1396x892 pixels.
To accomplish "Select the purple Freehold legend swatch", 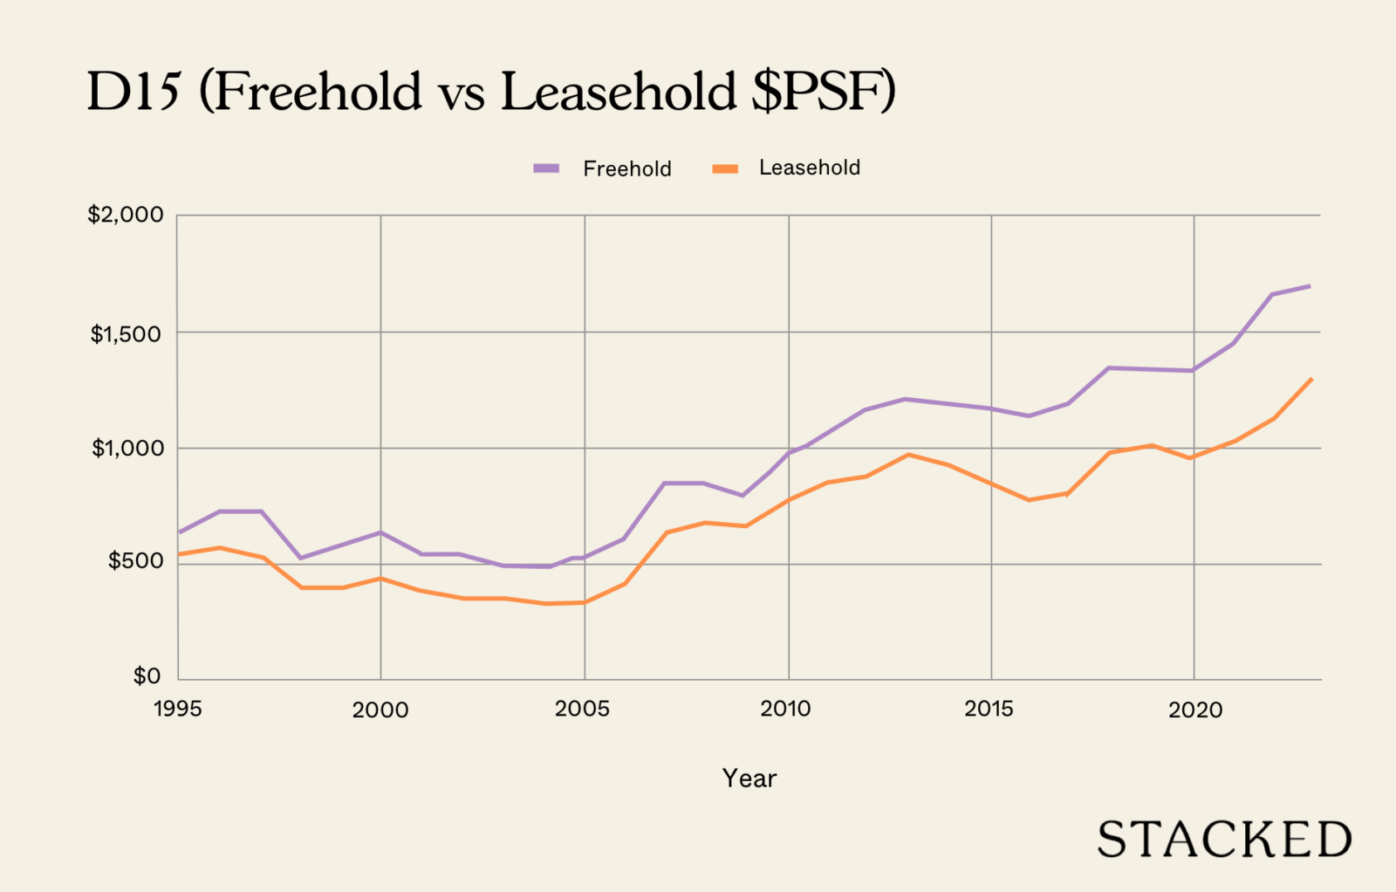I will point(546,168).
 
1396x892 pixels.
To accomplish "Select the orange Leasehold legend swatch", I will point(725,168).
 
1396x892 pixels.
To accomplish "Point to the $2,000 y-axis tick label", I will point(126,215).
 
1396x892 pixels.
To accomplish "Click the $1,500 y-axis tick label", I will point(126,333).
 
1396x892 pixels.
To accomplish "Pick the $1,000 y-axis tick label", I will point(127,449).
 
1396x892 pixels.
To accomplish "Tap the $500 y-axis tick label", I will point(135,561).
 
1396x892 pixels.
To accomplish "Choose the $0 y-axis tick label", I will point(147,676).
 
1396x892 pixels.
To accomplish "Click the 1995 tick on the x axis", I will point(177,709).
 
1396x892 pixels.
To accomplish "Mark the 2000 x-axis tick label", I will point(380,710).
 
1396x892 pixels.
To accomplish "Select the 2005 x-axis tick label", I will point(582,709).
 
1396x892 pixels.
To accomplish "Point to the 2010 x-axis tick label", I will point(785,709).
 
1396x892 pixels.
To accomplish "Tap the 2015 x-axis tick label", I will point(989,709).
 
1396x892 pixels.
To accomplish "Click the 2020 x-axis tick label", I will point(1195,710).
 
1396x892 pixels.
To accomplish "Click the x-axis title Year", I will point(749,779).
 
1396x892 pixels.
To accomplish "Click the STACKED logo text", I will point(1224,840).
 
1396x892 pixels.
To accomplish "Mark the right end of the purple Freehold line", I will point(1309,286).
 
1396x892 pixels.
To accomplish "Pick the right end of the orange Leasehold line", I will point(1310,380).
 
